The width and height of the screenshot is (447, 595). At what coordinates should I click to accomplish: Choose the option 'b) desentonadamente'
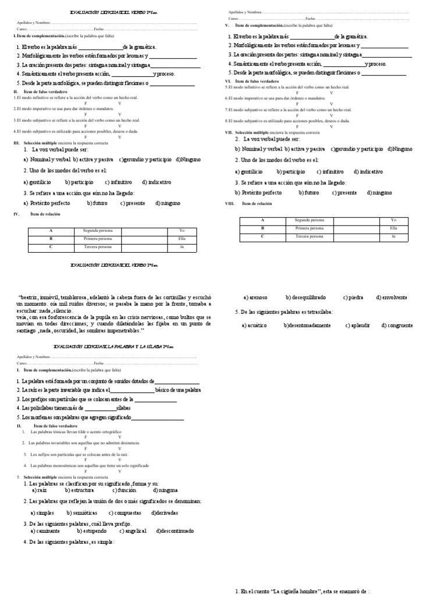coord(307,325)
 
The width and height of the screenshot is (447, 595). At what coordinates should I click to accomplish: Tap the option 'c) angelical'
coord(133,531)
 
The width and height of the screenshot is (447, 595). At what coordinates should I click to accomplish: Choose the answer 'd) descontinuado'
coord(175,531)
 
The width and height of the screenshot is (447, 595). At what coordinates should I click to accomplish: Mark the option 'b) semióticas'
coord(81,513)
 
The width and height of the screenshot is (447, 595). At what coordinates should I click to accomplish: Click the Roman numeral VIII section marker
coord(229,204)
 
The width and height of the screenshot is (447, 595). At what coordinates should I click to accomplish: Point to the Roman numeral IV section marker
coord(17,214)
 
